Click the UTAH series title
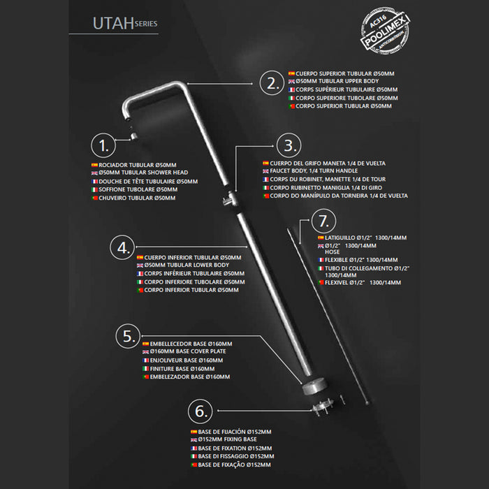click(x=125, y=23)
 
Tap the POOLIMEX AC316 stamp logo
click(x=385, y=31)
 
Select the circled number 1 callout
click(x=103, y=145)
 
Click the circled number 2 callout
click(x=272, y=83)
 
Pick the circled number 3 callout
click(x=289, y=145)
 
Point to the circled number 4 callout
click(x=122, y=247)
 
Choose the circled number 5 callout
click(x=128, y=336)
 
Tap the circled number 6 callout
click(x=200, y=411)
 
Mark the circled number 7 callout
click(x=323, y=221)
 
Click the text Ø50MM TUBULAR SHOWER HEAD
click(x=143, y=173)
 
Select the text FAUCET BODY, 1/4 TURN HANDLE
click(x=314, y=171)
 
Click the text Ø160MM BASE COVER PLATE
click(x=188, y=351)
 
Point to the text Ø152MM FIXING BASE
click(x=227, y=439)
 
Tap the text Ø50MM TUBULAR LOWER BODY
click(x=187, y=265)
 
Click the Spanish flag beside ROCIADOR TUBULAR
click(x=94, y=165)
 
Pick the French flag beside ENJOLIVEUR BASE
click(x=145, y=360)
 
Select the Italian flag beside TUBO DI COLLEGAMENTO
click(x=321, y=268)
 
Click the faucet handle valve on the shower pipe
click(x=231, y=198)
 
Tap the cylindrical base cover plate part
click(x=314, y=386)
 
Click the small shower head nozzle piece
click(x=134, y=136)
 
